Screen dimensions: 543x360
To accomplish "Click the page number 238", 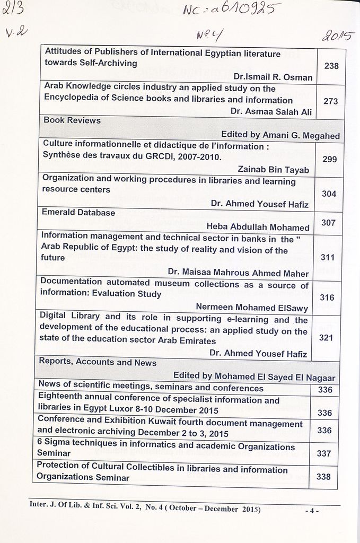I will point(331,66).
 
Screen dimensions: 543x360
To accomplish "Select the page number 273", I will point(330,101).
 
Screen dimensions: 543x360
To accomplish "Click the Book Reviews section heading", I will point(72,120).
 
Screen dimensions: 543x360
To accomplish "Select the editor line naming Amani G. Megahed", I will point(280,135).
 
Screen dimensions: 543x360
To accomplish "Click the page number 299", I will point(329,159).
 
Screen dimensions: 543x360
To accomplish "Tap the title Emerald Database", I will point(78,212).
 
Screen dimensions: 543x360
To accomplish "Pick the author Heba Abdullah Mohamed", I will point(258,227).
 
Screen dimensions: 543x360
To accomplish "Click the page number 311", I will point(328,258).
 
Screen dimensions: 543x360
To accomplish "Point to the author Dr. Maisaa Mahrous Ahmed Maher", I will point(238,273).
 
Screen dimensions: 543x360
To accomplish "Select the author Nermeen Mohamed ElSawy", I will point(252,306).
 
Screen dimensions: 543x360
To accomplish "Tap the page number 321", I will point(326,337).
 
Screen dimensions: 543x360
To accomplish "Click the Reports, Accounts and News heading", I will point(98,363).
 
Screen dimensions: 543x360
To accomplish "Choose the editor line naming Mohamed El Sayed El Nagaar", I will point(254,376).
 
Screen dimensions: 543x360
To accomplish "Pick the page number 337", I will point(323,453).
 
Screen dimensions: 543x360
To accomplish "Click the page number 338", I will point(323,477).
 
